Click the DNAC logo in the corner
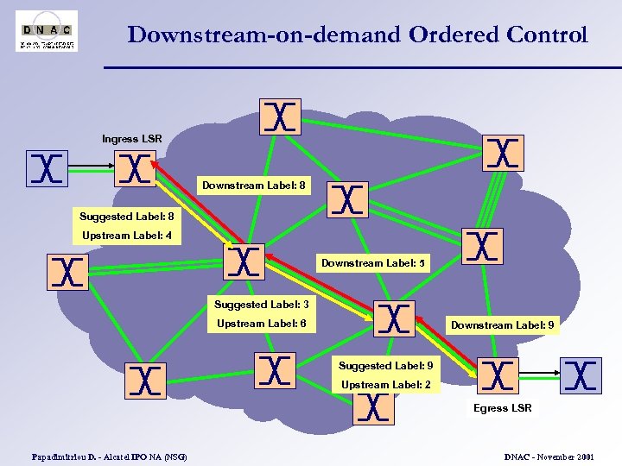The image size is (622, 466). pos(47,30)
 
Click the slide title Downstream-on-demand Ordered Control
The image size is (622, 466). pos(358,35)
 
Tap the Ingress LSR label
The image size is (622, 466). pos(131,139)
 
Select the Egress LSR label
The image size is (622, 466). pos(503,408)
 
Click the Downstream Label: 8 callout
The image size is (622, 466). pos(253,185)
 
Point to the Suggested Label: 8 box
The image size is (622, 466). pos(126,217)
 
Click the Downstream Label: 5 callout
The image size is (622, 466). pos(374,263)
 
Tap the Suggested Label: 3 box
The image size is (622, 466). pos(261,305)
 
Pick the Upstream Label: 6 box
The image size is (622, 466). pos(261,324)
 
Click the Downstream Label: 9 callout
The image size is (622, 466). pos(503,325)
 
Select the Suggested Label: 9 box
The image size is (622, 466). pos(385,366)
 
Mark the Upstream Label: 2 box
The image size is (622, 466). pos(385,385)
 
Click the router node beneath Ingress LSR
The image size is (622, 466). pos(135,169)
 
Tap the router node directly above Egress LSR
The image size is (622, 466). pos(498,377)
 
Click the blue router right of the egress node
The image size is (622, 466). pos(581,375)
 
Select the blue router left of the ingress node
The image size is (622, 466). pos(47,168)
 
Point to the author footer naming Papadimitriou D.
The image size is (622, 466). pos(109,456)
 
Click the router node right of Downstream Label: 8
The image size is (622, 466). pos(347,199)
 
